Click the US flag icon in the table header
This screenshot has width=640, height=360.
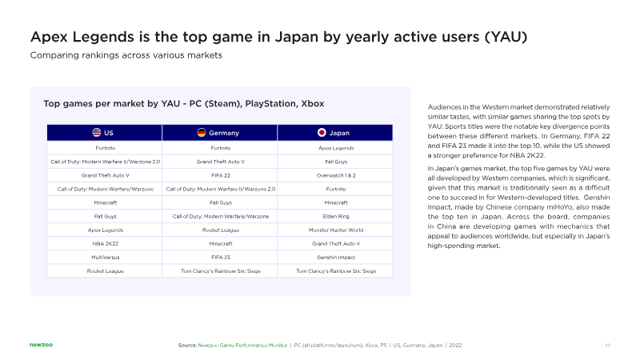point(97,133)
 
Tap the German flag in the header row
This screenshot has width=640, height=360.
point(202,133)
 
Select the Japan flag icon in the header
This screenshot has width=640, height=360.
point(322,133)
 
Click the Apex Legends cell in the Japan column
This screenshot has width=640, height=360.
point(335,148)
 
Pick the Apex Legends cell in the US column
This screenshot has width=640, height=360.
point(105,230)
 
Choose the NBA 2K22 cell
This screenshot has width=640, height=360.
point(105,243)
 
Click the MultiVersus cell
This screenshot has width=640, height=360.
point(105,257)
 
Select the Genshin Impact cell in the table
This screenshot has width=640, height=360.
point(335,257)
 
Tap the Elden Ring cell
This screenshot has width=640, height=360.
point(335,216)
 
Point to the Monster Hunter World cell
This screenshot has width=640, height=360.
point(335,230)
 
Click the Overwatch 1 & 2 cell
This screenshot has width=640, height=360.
point(335,175)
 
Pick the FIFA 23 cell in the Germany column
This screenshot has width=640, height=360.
point(220,257)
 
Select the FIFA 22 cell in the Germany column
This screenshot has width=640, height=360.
point(220,175)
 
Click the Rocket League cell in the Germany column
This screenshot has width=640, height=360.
point(220,230)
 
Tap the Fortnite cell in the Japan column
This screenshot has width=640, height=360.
point(335,189)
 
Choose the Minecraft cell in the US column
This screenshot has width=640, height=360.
point(105,202)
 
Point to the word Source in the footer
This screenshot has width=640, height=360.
point(186,345)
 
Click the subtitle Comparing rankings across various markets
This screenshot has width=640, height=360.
point(126,55)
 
